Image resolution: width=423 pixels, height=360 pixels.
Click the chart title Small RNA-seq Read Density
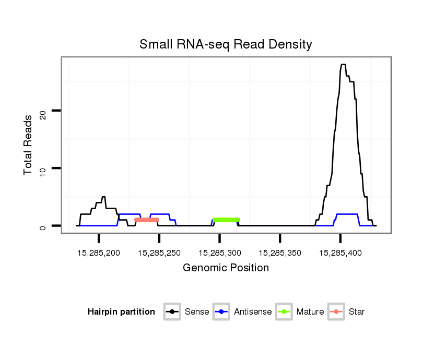coord(226,44)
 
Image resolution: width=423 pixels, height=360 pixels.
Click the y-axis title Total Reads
coord(29,145)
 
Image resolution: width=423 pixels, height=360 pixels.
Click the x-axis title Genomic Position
coord(226,268)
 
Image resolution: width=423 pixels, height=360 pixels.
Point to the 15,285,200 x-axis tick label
coord(98,253)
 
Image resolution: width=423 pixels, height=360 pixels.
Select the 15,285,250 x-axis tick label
coord(159,253)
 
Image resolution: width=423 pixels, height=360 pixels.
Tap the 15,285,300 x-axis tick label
coord(219,253)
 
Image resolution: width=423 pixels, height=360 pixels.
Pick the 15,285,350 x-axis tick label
coord(280,253)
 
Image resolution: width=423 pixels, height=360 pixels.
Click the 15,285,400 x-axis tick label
coord(340,253)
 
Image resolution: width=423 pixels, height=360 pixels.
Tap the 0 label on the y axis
coord(43,226)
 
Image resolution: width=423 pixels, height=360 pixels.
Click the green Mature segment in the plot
coord(226,220)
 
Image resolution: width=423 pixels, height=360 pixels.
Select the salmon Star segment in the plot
coord(147,220)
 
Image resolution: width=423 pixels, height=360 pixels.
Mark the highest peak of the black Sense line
coord(343,65)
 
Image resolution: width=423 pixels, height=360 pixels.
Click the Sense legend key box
coord(172,312)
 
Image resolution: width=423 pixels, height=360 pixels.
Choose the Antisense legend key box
coord(221,312)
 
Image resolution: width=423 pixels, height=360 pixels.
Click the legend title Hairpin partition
coord(121,312)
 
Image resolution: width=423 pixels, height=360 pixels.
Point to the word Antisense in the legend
coord(253,312)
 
